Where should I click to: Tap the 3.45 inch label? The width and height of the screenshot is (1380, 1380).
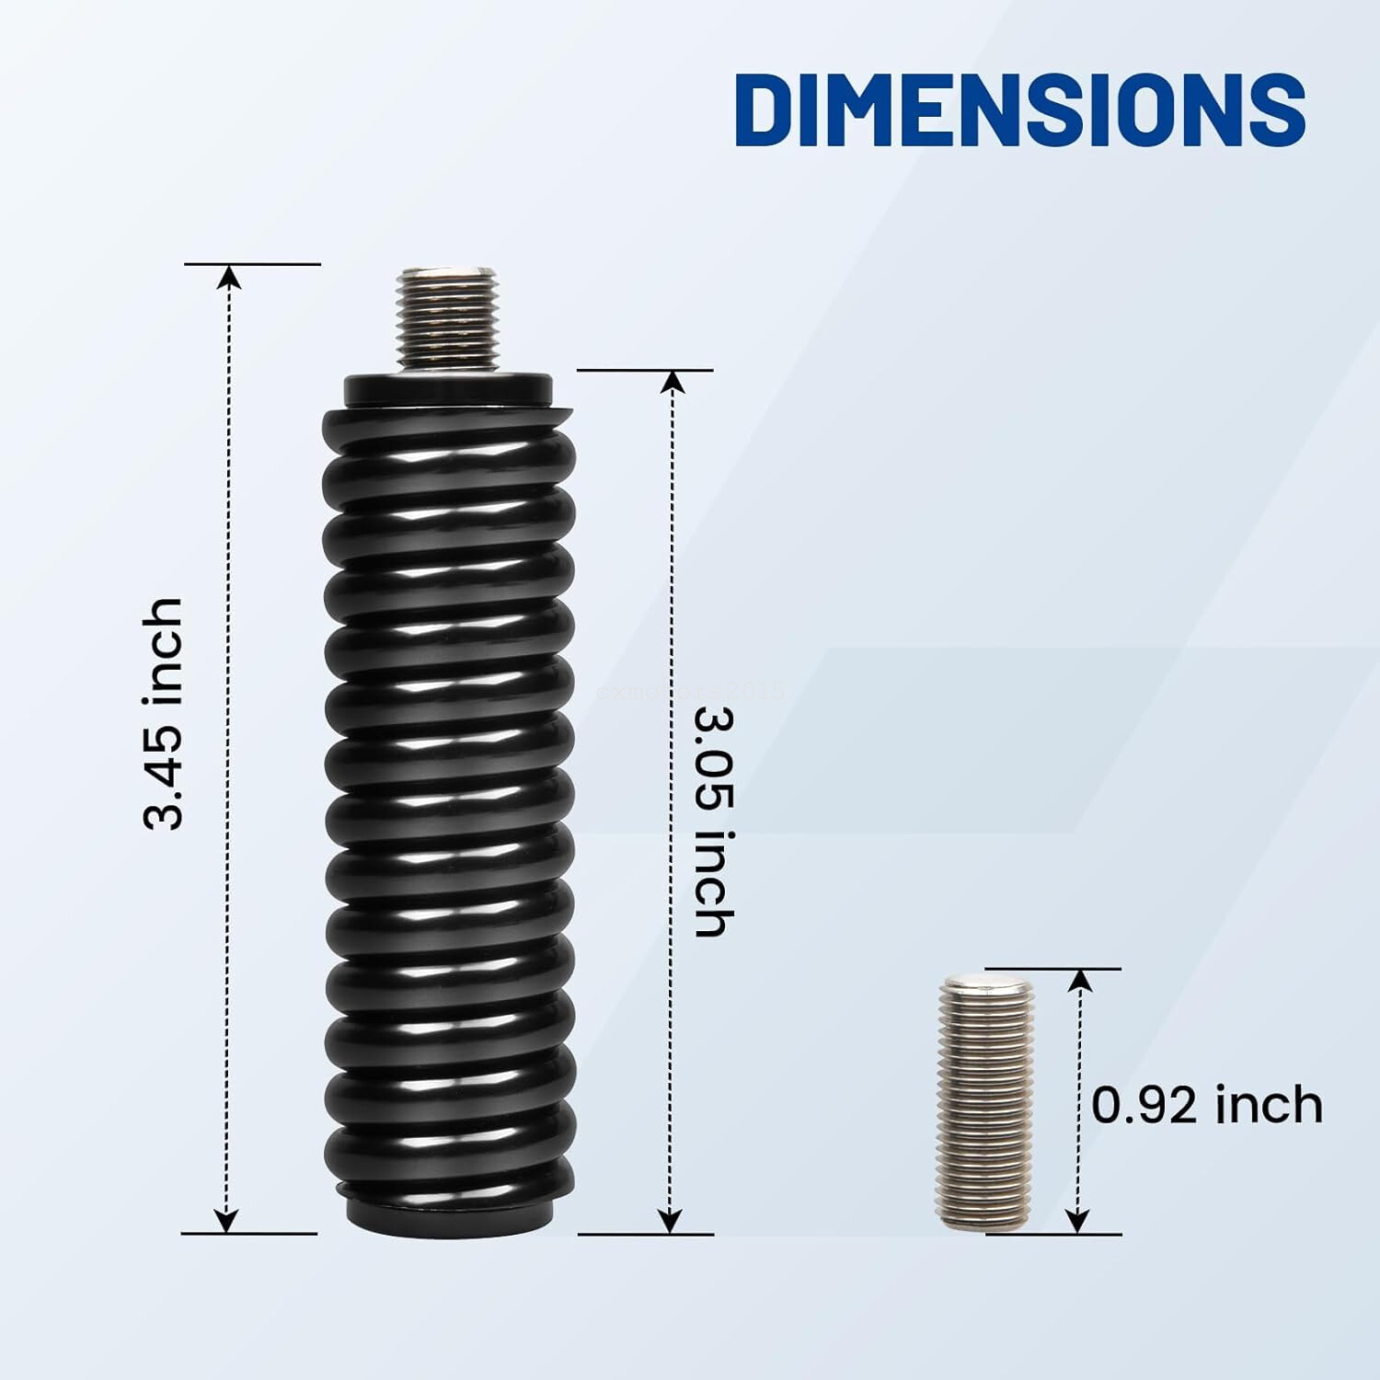pyautogui.click(x=165, y=713)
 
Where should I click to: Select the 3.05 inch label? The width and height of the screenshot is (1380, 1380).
pyautogui.click(x=714, y=821)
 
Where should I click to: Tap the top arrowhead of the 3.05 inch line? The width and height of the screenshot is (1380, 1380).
pyautogui.click(x=673, y=383)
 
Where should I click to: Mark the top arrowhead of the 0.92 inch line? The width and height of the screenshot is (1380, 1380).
pyautogui.click(x=1081, y=981)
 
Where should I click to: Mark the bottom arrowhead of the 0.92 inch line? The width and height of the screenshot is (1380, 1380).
pyautogui.click(x=1078, y=1220)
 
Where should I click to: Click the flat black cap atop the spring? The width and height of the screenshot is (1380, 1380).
pyautogui.click(x=448, y=388)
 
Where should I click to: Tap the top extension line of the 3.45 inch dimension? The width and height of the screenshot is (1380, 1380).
pyautogui.click(x=253, y=264)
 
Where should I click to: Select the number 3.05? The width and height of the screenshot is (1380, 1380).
pyautogui.click(x=714, y=759)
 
